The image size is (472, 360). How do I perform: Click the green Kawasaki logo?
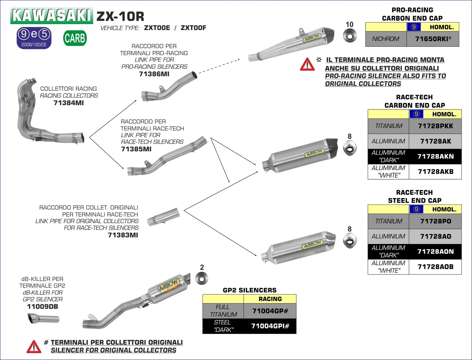[52, 15]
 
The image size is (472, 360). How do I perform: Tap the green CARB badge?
[75, 38]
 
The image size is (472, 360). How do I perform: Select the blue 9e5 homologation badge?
[34, 38]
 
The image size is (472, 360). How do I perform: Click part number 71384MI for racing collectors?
[69, 103]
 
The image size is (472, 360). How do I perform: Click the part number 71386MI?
[154, 74]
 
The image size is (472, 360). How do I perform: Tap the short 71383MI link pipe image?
[163, 217]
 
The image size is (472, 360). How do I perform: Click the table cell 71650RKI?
[433, 39]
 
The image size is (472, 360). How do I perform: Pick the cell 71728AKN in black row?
[435, 156]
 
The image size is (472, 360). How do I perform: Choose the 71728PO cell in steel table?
[435, 221]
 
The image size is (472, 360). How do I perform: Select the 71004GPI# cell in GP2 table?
[270, 326]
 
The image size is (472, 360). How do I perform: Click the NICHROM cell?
[386, 39]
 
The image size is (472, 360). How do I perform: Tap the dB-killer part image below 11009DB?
[43, 319]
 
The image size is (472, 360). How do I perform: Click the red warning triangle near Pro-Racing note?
[307, 65]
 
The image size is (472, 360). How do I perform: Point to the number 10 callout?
[350, 25]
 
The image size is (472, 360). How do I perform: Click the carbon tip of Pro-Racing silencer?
[329, 34]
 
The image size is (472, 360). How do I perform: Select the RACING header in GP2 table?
[270, 299]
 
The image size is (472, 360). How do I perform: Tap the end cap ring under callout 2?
[201, 279]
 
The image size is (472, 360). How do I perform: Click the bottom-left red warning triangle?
[34, 347]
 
